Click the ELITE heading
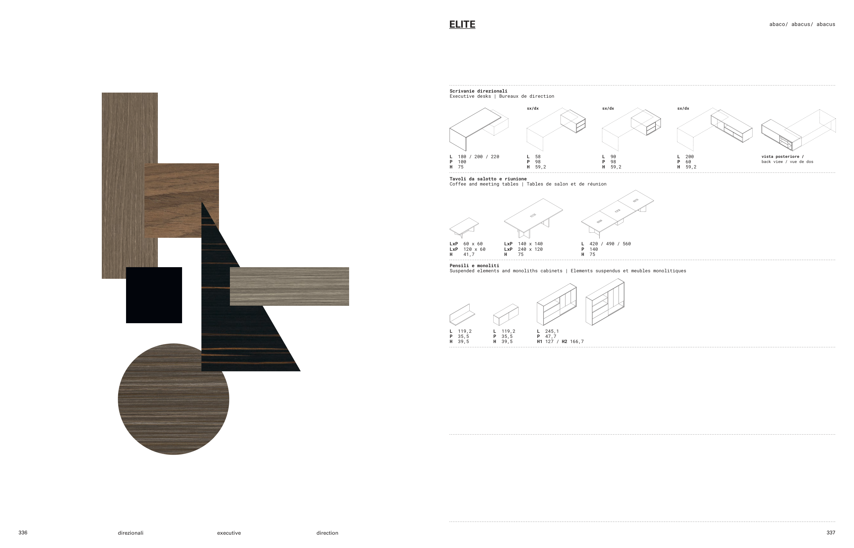[x=462, y=24]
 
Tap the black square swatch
[x=154, y=295]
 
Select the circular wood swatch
[x=173, y=399]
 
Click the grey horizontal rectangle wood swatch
[x=289, y=286]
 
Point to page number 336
[x=23, y=532]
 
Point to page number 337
[x=830, y=532]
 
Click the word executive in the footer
[x=229, y=533]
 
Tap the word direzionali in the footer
[x=130, y=533]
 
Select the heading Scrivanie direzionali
[x=478, y=91]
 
